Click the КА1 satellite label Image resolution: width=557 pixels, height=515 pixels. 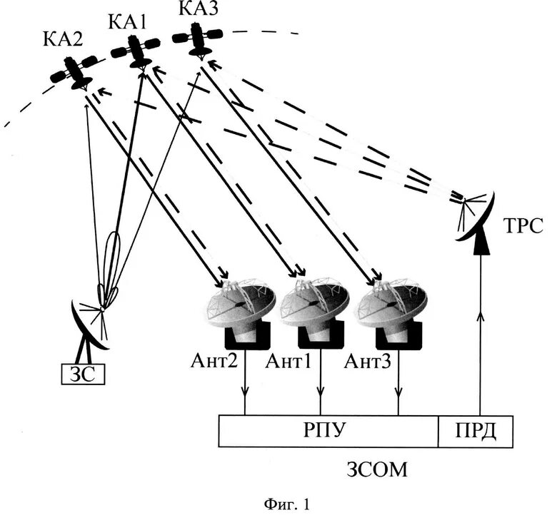[129, 21]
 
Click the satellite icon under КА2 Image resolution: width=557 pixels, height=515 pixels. [75, 71]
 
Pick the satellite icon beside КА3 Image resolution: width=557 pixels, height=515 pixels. [198, 36]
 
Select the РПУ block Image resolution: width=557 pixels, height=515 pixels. [328, 432]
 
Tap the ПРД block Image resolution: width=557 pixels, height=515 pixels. [476, 432]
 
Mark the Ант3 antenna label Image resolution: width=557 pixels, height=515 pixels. [367, 362]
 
